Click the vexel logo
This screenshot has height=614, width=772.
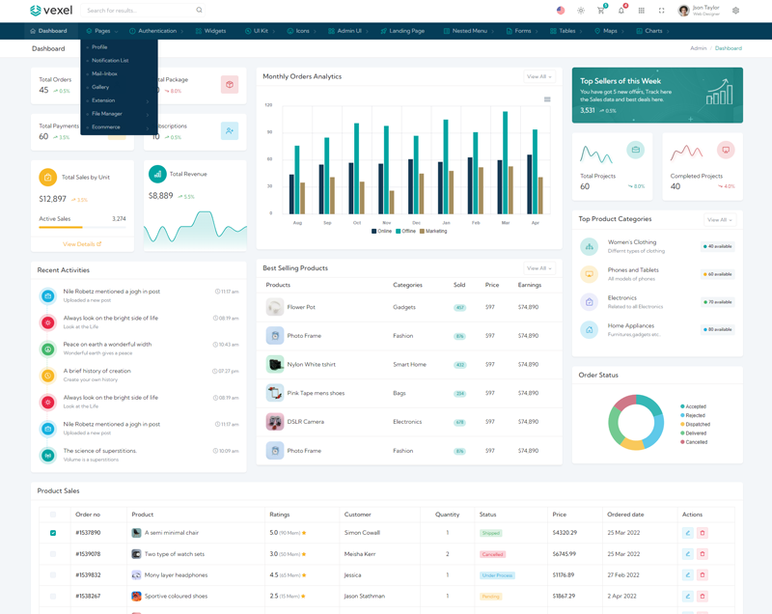pos(51,11)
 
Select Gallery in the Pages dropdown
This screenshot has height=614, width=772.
pos(100,87)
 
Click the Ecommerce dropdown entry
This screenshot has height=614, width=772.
pos(106,126)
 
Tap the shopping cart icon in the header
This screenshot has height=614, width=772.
pos(600,11)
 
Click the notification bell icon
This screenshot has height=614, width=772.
pos(620,11)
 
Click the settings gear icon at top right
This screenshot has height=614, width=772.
pos(735,11)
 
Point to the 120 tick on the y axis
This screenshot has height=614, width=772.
pos(269,104)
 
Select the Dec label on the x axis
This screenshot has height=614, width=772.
pos(416,223)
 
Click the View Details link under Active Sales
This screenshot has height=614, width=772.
pos(82,244)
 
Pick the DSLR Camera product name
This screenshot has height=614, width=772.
pos(306,422)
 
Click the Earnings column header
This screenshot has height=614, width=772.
pos(529,285)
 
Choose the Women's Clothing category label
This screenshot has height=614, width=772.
pos(632,242)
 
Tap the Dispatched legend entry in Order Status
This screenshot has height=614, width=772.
pos(698,424)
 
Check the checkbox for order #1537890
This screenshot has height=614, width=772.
pos(53,533)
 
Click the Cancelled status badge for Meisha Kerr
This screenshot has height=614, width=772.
pos(492,554)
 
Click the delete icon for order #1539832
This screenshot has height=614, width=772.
pos(703,575)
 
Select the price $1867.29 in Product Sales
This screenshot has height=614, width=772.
pos(564,596)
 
